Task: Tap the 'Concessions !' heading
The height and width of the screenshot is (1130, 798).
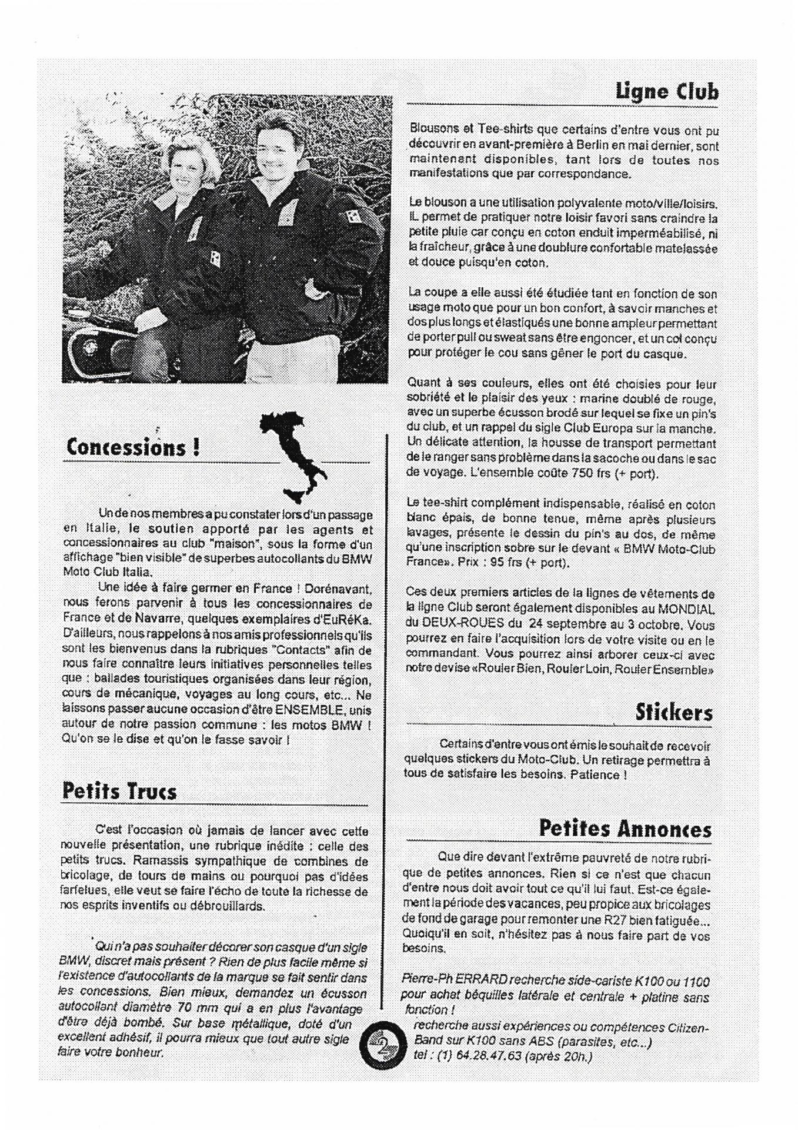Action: [x=132, y=447]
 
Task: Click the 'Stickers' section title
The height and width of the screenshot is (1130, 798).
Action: [x=673, y=712]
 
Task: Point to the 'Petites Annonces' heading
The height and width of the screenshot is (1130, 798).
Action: [x=625, y=829]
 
